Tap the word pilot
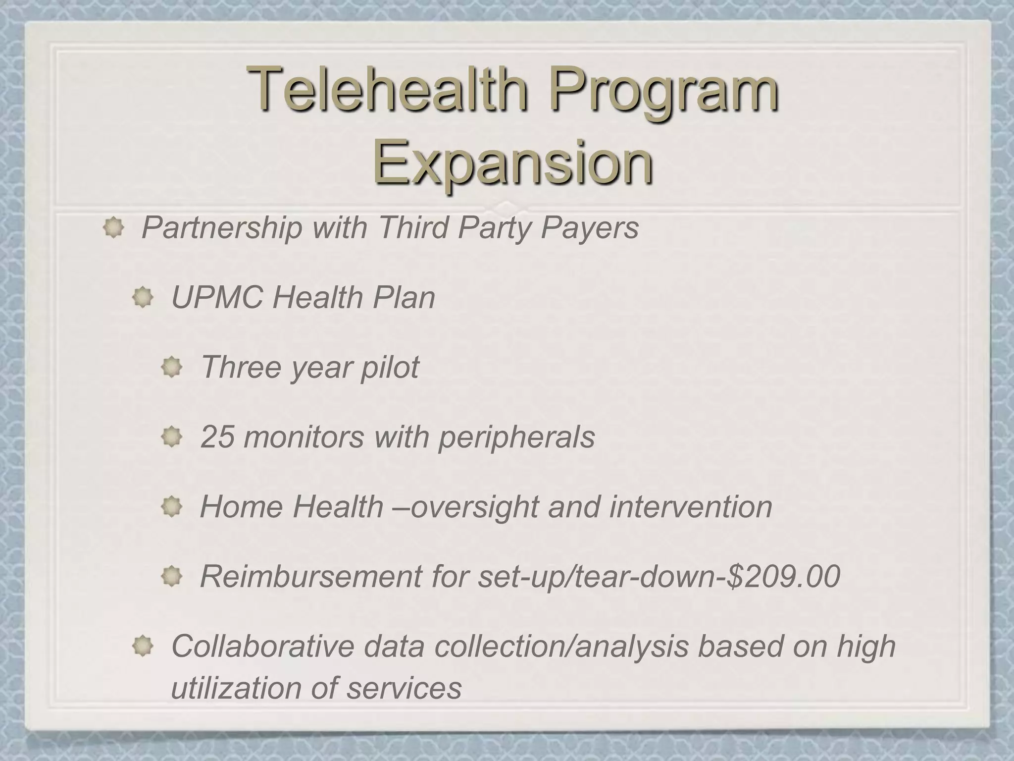click(x=390, y=367)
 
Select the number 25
click(x=217, y=437)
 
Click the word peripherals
click(x=516, y=437)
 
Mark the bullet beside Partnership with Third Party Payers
click(x=113, y=228)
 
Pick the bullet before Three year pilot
click(x=172, y=368)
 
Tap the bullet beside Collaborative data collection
click(x=143, y=647)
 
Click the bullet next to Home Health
click(x=172, y=507)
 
